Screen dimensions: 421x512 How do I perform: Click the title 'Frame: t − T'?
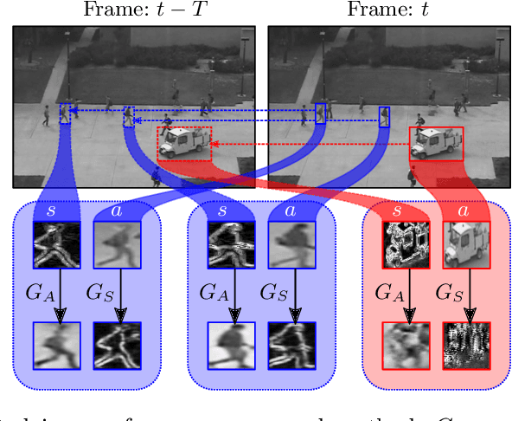coord(134,10)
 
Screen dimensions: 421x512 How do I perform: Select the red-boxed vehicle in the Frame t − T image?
coord(184,143)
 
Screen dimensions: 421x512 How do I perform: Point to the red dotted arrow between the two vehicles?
coord(311,143)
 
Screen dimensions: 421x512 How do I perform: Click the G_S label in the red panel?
coord(449,292)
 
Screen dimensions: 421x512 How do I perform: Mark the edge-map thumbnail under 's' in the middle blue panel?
coord(229,245)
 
